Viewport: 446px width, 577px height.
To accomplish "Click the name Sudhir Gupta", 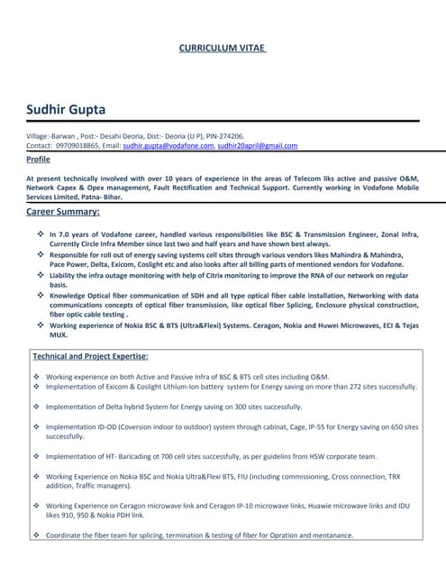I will pyautogui.click(x=66, y=110).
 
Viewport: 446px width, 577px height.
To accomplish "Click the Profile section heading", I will pyautogui.click(x=39, y=159).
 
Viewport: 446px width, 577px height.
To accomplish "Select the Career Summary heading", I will pyautogui.click(x=63, y=212).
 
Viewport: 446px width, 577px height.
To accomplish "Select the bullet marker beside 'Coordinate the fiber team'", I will pyautogui.click(x=35, y=536).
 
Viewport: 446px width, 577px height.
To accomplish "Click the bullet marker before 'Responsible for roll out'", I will pyautogui.click(x=41, y=254).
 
